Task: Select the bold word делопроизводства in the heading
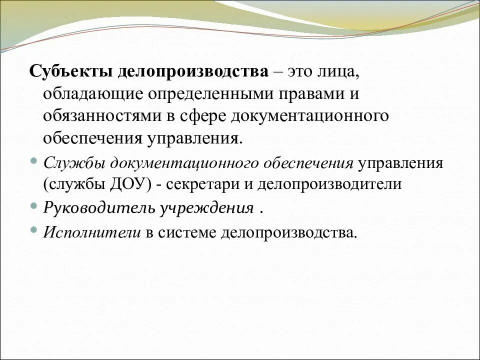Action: click(193, 71)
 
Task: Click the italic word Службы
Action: click(74, 163)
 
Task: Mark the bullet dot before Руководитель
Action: click(33, 205)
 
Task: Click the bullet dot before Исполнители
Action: click(33, 229)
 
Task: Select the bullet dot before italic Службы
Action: click(33, 160)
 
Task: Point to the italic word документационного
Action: click(183, 163)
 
